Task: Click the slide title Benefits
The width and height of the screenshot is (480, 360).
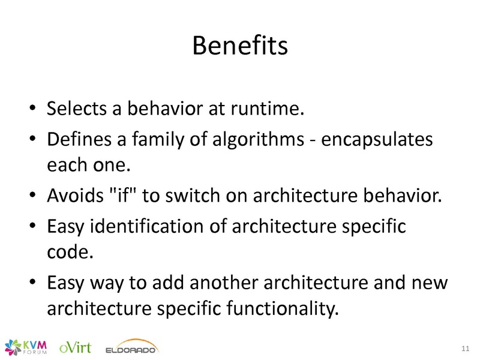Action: click(240, 46)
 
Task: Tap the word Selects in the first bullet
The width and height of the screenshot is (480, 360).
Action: click(76, 108)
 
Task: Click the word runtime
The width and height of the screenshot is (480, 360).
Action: click(267, 109)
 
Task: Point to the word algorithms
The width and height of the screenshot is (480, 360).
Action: click(258, 139)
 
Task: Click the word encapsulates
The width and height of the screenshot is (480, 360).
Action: click(377, 140)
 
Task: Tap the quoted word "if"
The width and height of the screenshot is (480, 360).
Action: click(122, 195)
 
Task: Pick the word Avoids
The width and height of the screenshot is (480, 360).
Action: click(76, 195)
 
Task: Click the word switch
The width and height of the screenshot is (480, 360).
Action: click(193, 195)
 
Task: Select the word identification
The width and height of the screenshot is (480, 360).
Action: click(146, 226)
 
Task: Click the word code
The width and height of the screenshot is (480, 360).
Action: click(70, 252)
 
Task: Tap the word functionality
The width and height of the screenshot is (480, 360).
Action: click(283, 308)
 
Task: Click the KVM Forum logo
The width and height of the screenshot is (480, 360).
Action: click(26, 347)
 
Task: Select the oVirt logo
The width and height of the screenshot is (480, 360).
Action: click(76, 347)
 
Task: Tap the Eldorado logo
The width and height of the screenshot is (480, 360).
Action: click(132, 347)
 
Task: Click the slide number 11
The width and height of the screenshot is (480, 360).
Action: click(466, 349)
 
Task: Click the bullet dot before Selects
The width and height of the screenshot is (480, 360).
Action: click(32, 108)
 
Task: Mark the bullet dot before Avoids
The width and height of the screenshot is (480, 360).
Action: click(32, 195)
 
